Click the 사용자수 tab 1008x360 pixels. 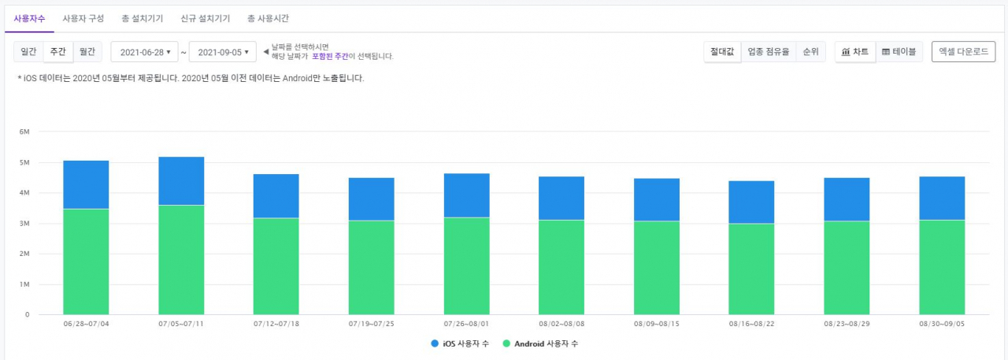tap(29, 18)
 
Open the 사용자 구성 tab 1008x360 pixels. tap(83, 18)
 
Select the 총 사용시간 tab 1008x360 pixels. tap(269, 18)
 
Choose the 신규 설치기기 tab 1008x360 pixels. tap(206, 18)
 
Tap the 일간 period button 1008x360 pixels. tap(28, 52)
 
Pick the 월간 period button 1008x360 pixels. tap(87, 52)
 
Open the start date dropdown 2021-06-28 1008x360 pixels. tap(144, 52)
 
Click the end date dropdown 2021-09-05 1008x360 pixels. tap(223, 52)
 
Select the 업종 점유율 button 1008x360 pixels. tap(769, 52)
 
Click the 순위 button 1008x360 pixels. tap(811, 52)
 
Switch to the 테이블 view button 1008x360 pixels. tap(899, 52)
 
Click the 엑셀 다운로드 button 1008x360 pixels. tap(963, 52)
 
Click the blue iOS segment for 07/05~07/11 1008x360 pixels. tap(181, 181)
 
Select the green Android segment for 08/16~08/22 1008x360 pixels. tap(751, 269)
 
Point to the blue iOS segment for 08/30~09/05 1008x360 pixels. tap(942, 199)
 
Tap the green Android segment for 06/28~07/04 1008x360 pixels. tap(86, 262)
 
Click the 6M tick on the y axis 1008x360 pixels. tap(24, 132)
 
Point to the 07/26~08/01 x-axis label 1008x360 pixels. tap(466, 324)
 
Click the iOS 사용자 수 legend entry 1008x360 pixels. tap(460, 343)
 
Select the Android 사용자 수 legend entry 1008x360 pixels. tap(540, 343)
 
